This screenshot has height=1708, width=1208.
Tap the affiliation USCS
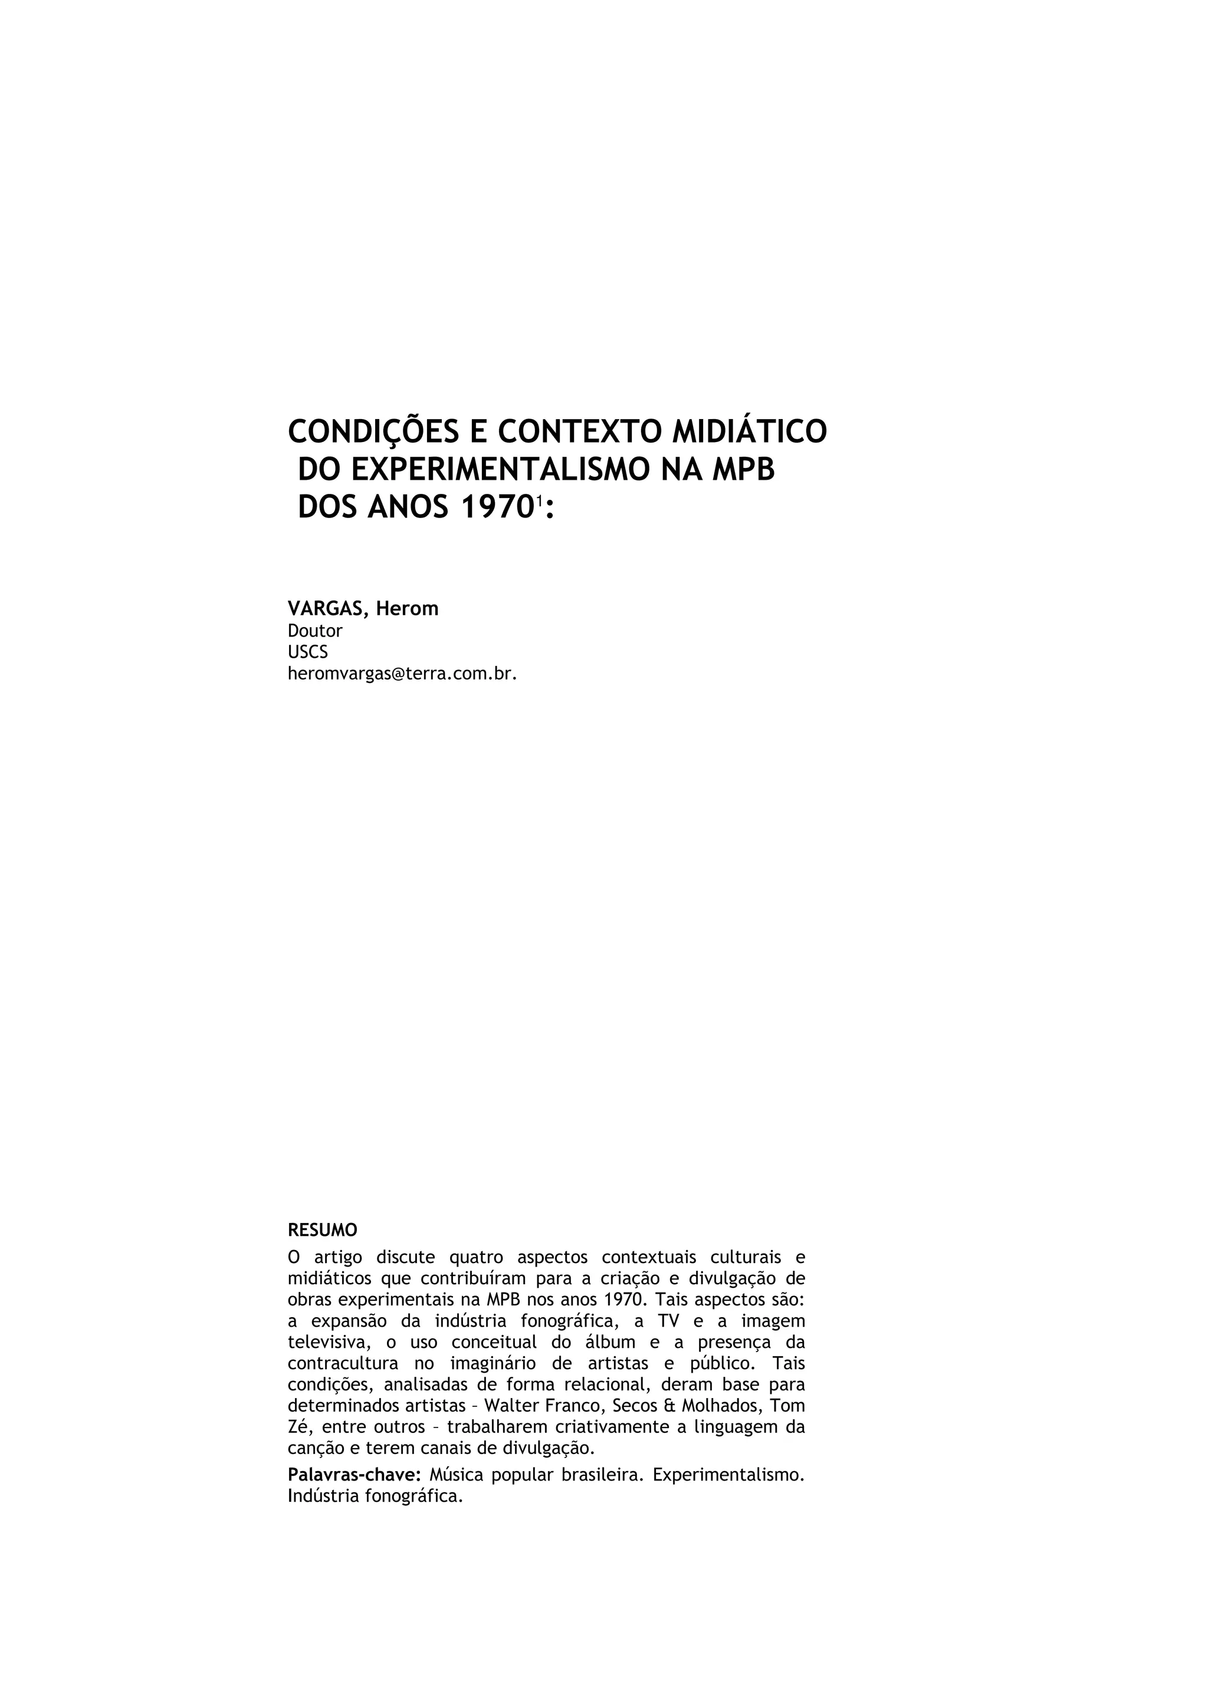coord(307,652)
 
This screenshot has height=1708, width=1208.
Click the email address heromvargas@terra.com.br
coord(402,674)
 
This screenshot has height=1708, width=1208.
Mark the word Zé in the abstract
coord(298,1427)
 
